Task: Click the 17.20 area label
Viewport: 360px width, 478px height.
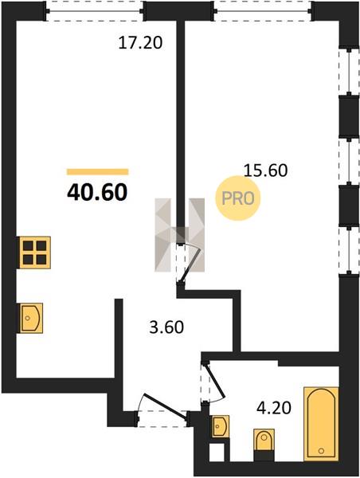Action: (140, 42)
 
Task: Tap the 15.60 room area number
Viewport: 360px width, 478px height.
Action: (265, 170)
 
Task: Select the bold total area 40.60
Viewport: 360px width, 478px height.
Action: (97, 192)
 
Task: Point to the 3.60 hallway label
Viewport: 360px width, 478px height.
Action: (166, 327)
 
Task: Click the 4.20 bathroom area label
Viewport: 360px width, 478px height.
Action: (274, 408)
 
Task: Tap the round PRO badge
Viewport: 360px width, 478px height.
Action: (238, 198)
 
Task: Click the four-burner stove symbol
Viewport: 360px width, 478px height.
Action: (35, 253)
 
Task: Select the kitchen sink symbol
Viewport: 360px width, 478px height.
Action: (31, 318)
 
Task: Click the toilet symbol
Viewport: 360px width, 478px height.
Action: (264, 440)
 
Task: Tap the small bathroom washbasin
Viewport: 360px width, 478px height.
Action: (220, 426)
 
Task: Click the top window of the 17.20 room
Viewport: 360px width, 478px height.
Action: (95, 11)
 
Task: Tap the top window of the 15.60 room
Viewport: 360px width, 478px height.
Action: (263, 11)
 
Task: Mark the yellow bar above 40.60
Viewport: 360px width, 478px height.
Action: (97, 172)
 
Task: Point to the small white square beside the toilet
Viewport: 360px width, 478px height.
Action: (217, 452)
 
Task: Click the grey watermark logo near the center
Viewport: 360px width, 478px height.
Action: (179, 234)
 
